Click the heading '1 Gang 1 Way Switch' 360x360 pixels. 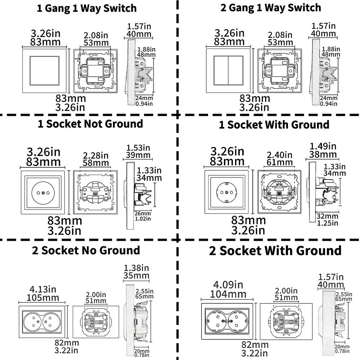(87, 8)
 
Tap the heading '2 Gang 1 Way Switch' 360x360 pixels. (270, 8)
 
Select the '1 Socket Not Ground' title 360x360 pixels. (90, 124)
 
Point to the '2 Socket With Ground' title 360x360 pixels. (275, 251)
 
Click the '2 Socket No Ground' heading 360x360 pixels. (86, 250)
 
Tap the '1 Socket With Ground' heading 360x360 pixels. (274, 125)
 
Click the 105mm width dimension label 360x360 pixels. (42, 298)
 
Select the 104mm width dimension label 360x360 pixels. (229, 294)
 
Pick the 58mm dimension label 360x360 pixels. (95, 163)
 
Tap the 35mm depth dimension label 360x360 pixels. (136, 276)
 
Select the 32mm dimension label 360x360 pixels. (328, 216)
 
